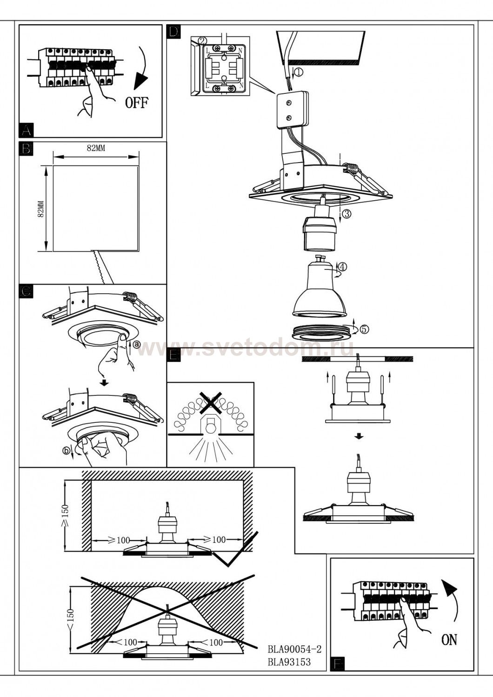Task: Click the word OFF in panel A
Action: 137,102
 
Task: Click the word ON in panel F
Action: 449,640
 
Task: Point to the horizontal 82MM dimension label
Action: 96,148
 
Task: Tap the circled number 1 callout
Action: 298,72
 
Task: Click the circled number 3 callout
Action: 347,214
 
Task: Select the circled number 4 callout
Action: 342,267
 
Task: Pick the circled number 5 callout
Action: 364,329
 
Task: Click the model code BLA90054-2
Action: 295,649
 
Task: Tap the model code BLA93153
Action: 289,662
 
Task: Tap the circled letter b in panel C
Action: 67,450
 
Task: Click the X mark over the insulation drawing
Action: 210,402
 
